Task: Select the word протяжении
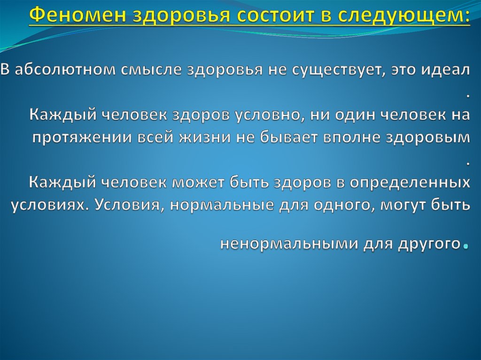click(x=82, y=138)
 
